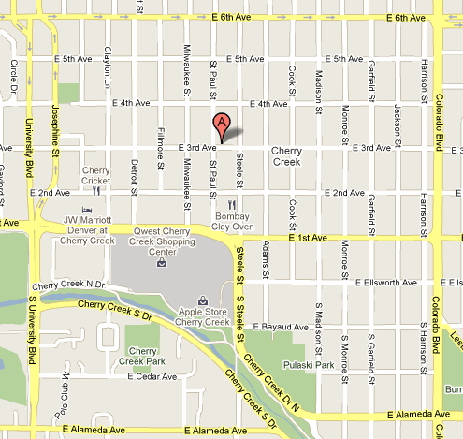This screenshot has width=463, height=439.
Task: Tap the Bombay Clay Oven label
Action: pyautogui.click(x=229, y=221)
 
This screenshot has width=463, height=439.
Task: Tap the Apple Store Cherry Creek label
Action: pyautogui.click(x=203, y=317)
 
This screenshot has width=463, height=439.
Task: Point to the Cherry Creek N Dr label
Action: pyautogui.click(x=65, y=285)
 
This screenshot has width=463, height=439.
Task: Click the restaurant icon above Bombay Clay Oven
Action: pyautogui.click(x=231, y=203)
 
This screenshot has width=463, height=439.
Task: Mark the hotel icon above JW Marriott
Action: pyautogui.click(x=87, y=210)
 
